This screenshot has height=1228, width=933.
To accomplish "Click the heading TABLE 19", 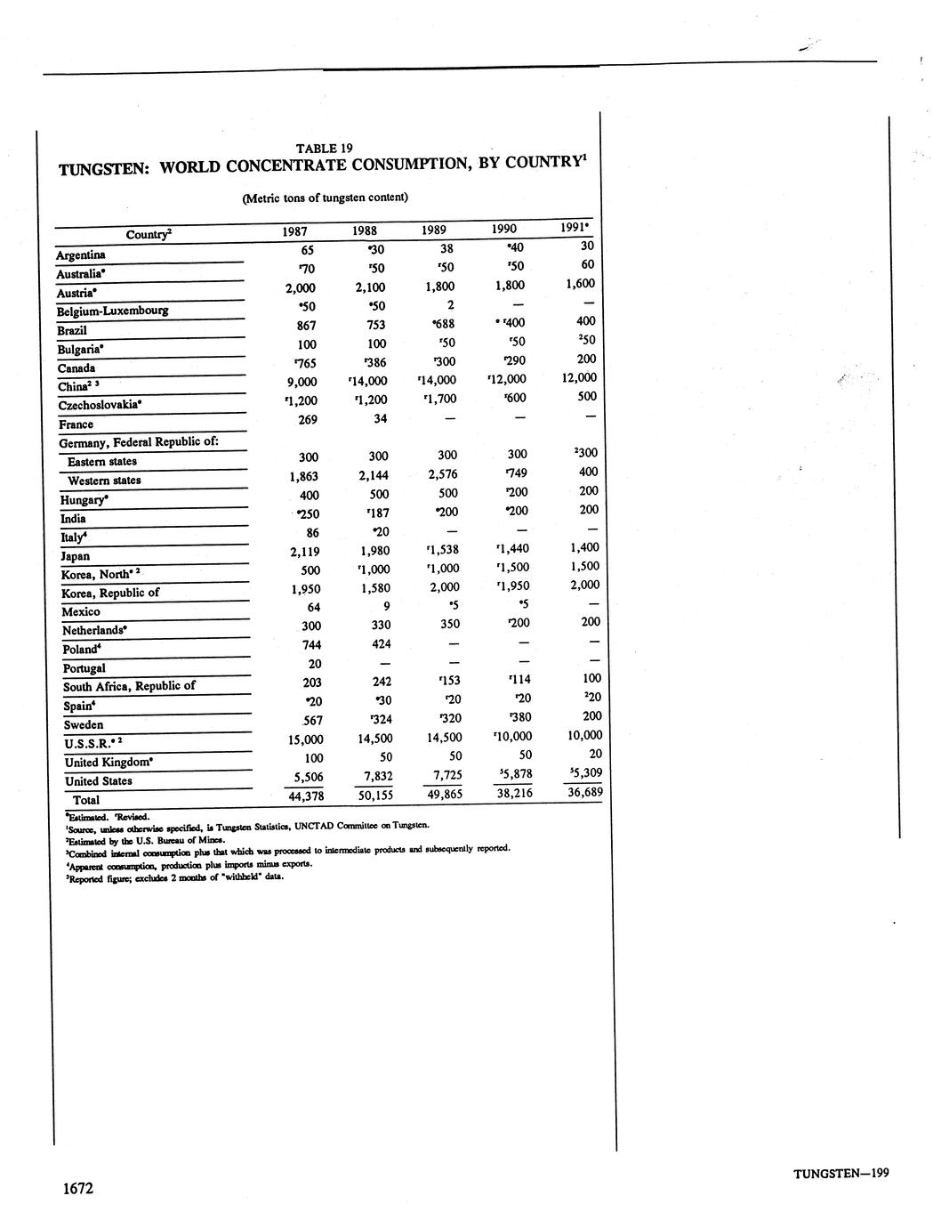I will [325, 149].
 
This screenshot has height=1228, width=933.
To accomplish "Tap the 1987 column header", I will [294, 231].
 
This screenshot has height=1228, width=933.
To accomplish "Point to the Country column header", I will [149, 235].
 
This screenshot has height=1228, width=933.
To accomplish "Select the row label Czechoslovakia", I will [100, 405].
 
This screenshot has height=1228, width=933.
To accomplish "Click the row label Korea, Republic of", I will [110, 594].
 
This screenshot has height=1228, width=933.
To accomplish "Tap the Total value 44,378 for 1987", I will [306, 796].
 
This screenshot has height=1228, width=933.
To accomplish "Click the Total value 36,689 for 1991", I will [584, 791].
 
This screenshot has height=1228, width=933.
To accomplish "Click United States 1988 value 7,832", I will [374, 776].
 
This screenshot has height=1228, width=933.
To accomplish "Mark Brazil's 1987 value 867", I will [307, 326].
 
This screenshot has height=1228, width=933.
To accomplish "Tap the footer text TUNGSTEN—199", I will [841, 1173].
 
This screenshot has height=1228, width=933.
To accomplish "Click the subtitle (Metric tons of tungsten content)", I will [325, 198].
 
